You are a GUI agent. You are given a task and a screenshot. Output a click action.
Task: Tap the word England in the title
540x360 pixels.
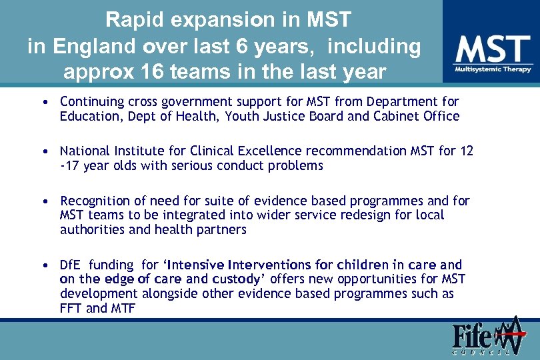pyautogui.click(x=89, y=46)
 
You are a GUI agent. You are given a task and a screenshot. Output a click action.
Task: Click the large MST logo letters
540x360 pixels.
pyautogui.click(x=493, y=51)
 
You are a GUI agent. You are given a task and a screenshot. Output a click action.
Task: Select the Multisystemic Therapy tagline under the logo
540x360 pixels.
pyautogui.click(x=493, y=69)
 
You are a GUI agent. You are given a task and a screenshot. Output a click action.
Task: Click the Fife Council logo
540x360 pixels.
pyautogui.click(x=485, y=337)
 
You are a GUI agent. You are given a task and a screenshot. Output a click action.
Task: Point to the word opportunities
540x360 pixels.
pyautogui.click(x=370, y=279)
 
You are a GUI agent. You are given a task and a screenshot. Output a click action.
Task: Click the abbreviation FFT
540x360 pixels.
pyautogui.click(x=71, y=308)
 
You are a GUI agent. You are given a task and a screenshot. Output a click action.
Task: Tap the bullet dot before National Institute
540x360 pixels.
pyautogui.click(x=43, y=152)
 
